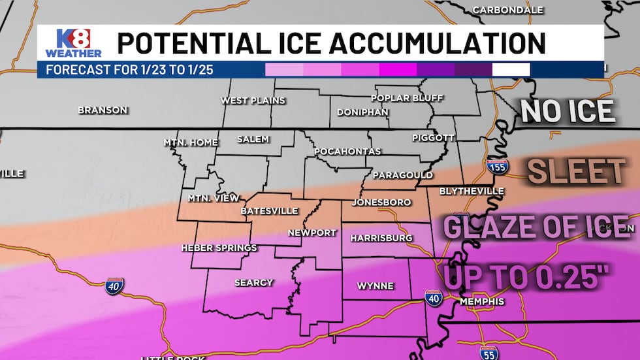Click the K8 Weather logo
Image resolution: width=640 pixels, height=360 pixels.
click(72, 43)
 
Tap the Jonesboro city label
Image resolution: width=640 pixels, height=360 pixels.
click(381, 203)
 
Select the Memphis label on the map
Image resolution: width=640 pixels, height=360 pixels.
click(482, 301)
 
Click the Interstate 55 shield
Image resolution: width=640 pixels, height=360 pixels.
click(488, 353)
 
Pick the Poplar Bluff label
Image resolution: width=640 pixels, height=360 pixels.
click(407, 99)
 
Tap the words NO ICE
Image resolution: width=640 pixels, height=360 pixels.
click(568, 112)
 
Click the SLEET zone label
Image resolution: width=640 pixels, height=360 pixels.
click(576, 172)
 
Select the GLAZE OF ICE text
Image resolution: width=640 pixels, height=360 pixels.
click(536, 227)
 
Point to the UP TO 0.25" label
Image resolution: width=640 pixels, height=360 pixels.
click(522, 276)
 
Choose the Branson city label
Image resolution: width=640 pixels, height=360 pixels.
click(103, 110)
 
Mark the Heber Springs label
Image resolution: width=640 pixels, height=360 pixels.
click(219, 248)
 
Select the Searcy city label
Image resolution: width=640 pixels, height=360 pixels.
click(253, 283)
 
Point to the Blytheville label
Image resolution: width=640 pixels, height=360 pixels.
click(472, 191)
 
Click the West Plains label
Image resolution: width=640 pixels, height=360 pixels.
click(253, 101)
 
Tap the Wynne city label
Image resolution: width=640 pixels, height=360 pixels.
click(375, 286)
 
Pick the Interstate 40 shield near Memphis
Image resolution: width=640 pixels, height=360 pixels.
click(433, 298)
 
